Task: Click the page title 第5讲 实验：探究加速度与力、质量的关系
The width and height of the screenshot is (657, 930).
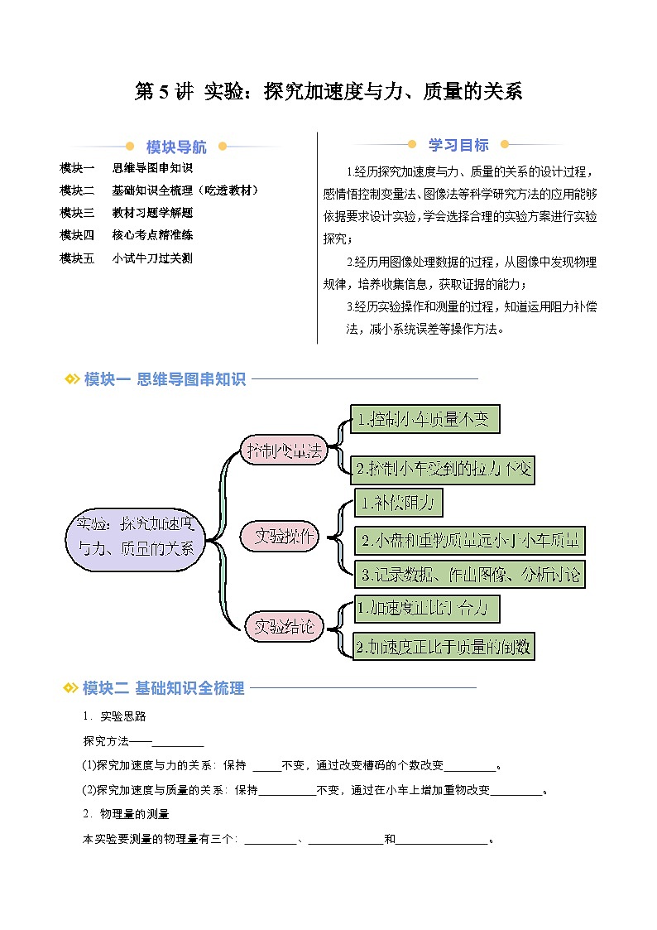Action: pos(328,92)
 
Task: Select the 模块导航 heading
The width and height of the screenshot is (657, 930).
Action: pos(176,147)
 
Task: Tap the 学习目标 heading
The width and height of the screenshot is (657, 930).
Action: pos(458,145)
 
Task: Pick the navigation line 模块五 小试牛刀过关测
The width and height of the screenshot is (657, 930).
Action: pos(127,258)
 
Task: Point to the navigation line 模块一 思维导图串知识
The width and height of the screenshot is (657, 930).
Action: pos(127,168)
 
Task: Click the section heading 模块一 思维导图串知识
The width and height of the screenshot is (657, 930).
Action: pos(165,379)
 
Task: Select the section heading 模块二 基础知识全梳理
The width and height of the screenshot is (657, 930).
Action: pos(164,687)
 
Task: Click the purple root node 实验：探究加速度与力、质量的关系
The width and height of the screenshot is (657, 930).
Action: pos(134,536)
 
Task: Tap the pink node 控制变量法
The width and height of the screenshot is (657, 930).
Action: pos(283,451)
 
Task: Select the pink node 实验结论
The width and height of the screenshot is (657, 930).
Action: pos(284,627)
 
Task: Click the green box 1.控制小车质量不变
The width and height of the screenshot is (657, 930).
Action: pos(424,419)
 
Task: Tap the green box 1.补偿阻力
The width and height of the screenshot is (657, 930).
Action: pos(399,503)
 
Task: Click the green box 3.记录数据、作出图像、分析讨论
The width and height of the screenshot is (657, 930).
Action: pos(469,574)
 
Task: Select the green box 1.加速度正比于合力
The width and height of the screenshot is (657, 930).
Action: pos(427,609)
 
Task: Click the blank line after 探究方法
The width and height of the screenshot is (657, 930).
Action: pos(178,740)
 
